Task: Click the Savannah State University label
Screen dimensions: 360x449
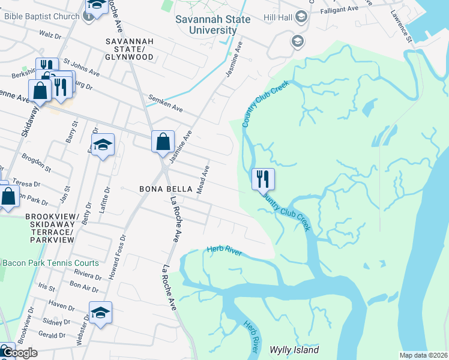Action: tap(206, 25)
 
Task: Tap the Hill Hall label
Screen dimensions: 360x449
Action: tap(280, 17)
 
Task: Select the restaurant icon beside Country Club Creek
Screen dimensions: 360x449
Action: tap(263, 179)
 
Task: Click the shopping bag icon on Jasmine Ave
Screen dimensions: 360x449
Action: tap(163, 142)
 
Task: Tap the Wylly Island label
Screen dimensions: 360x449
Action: tap(294, 350)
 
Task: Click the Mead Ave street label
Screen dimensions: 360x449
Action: tap(205, 179)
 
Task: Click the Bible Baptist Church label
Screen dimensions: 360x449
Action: tap(41, 16)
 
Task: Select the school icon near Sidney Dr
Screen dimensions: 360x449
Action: tap(100, 312)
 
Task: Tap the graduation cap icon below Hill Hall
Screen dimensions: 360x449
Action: tap(297, 41)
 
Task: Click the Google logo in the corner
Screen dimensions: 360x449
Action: tap(19, 353)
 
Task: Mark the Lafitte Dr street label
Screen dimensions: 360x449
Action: tap(107, 198)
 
